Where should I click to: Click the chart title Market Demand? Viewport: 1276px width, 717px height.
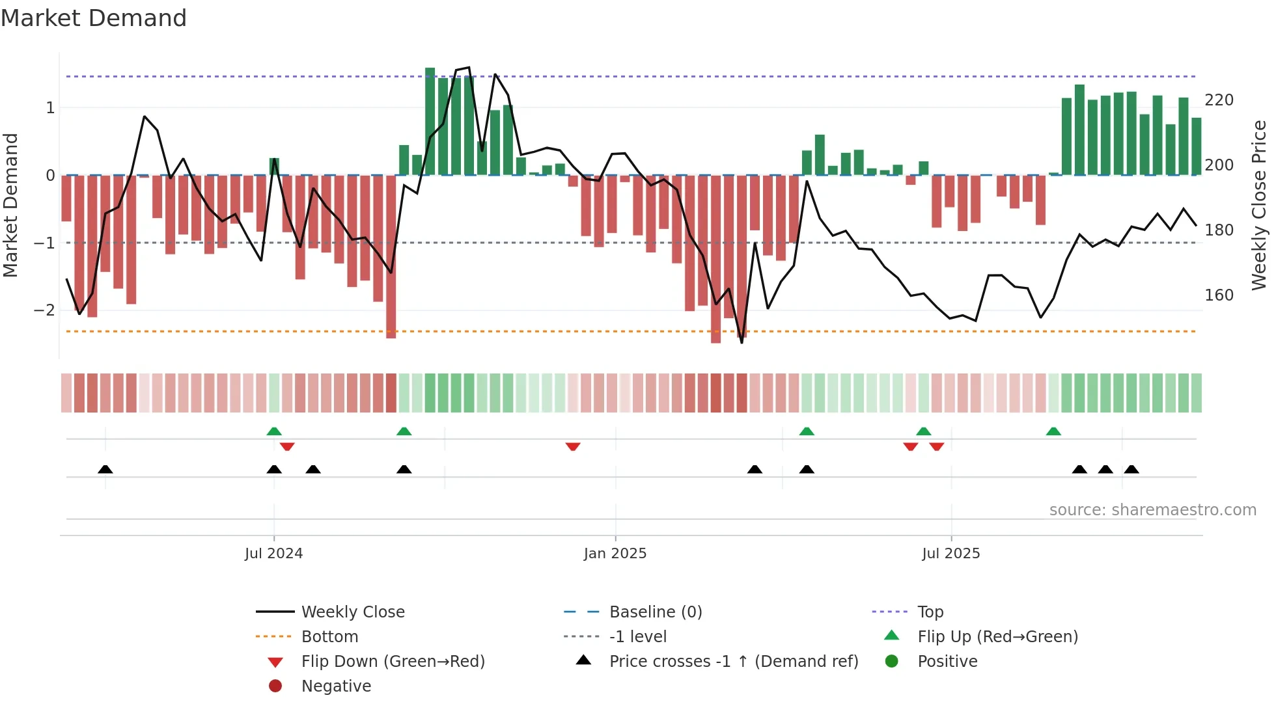point(94,18)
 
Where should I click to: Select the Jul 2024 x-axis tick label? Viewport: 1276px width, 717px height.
point(273,554)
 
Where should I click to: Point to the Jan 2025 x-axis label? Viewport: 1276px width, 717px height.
point(615,554)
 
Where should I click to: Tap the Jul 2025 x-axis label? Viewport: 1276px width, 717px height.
point(950,554)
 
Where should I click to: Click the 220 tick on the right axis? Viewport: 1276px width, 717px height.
point(1219,100)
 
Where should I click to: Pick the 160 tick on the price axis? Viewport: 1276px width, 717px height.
point(1219,295)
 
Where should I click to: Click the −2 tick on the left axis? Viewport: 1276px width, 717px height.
point(45,310)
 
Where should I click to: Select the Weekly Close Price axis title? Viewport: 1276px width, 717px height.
point(1259,205)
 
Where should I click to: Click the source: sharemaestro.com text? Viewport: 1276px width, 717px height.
point(1152,510)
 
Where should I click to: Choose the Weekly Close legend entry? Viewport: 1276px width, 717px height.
point(352,612)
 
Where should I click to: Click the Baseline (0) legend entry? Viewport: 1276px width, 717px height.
point(655,612)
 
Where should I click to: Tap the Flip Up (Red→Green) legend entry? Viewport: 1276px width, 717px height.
point(997,637)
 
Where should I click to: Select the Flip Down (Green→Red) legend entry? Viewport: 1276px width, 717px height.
point(393,662)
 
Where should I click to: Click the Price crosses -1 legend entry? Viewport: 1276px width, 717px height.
point(733,662)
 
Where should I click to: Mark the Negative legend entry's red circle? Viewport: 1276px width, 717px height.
point(275,686)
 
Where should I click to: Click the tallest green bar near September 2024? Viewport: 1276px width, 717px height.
point(430,121)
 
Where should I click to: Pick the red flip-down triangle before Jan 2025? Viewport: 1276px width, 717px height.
point(573,447)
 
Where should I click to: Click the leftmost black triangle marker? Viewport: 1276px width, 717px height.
point(105,469)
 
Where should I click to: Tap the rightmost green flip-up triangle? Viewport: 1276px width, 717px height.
point(1053,431)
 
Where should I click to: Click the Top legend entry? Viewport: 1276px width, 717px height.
point(930,612)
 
